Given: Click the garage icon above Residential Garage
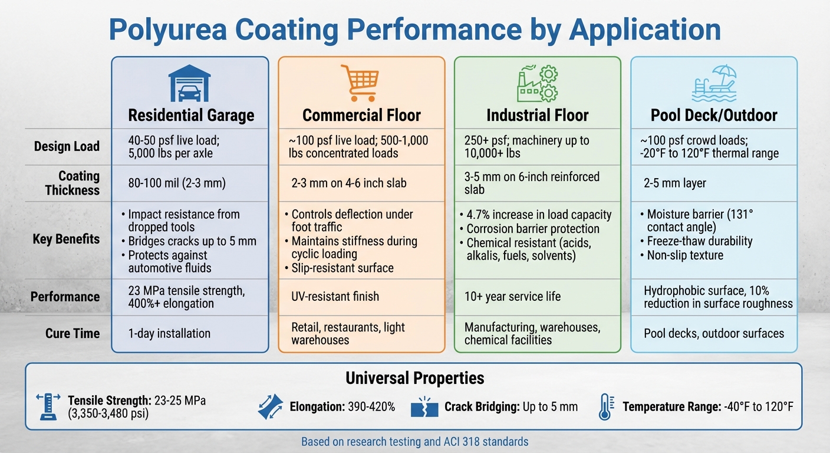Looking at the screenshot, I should point(189,83).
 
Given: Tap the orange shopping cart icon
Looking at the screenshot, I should point(360,83).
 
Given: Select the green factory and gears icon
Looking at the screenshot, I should point(536,84).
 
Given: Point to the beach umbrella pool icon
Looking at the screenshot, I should point(714,84).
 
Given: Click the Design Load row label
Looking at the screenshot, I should point(67,146).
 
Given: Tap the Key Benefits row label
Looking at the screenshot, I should point(67,239).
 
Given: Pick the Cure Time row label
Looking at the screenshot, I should point(73,333).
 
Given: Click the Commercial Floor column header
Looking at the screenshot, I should point(361,115).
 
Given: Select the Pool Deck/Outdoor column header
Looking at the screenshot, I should point(714,115).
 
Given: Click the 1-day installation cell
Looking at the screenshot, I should point(169,333).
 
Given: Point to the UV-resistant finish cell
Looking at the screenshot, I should point(335,296).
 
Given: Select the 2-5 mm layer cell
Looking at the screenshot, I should point(674,183).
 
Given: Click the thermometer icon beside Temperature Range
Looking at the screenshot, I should point(605,406).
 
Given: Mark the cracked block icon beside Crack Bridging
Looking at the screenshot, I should point(424,407).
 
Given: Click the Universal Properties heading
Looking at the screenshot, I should point(414,378).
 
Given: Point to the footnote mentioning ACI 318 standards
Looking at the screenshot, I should point(414,441).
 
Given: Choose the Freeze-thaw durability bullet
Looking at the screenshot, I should point(699,241).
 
